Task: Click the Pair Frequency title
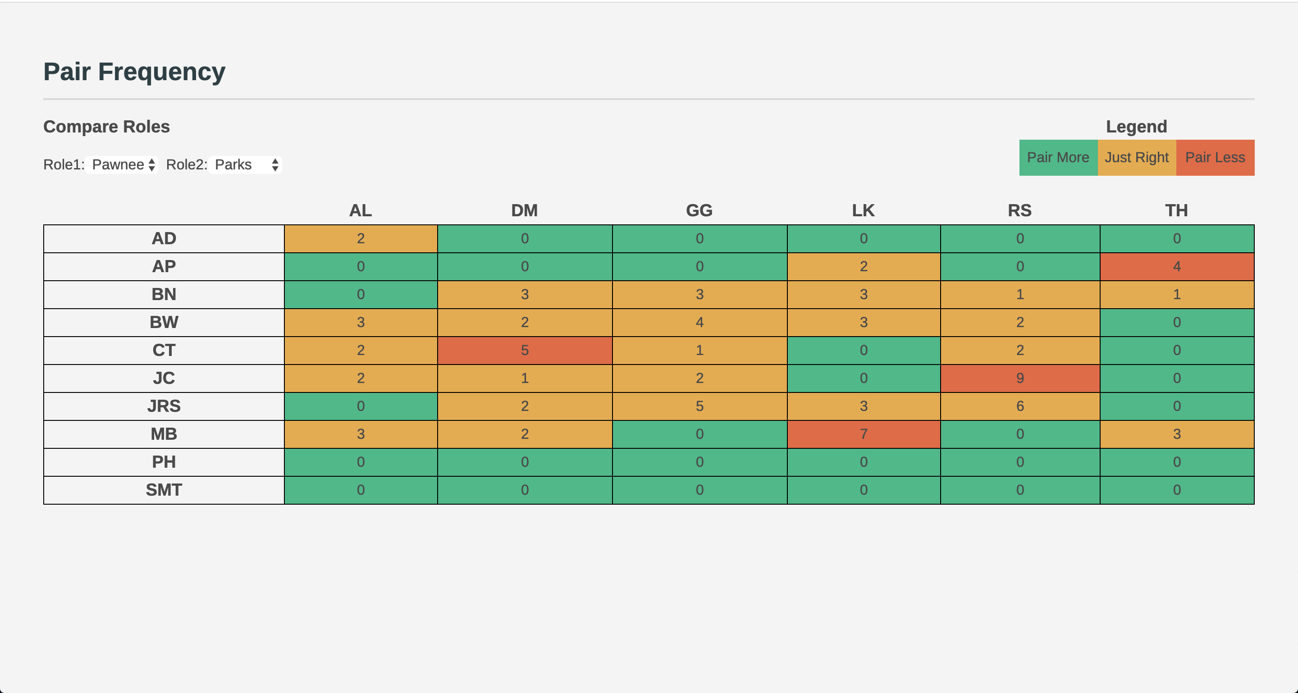(134, 72)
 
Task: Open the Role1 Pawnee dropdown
(121, 164)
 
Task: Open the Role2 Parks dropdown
(245, 164)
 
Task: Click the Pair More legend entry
(1058, 158)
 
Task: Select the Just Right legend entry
(1136, 158)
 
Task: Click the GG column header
(699, 210)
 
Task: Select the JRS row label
(164, 406)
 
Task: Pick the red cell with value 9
(1019, 378)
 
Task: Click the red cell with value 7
(863, 434)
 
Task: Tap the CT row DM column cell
(525, 350)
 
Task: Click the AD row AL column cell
(360, 238)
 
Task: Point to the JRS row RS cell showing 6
(1019, 406)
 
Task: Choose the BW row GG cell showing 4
(699, 322)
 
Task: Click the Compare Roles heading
(106, 127)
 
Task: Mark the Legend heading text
(1136, 127)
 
